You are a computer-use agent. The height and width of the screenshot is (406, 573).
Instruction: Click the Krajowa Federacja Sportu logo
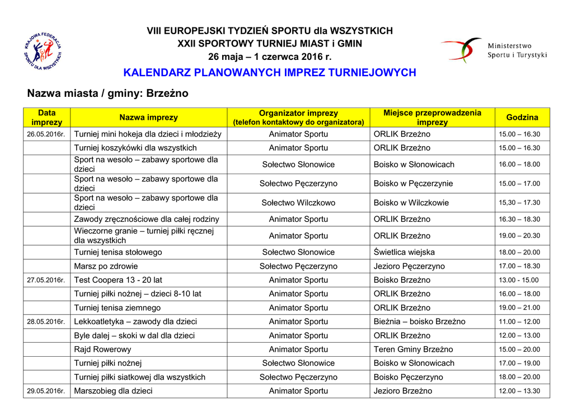click(x=43, y=52)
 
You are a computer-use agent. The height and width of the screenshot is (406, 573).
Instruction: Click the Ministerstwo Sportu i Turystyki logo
click(x=493, y=50)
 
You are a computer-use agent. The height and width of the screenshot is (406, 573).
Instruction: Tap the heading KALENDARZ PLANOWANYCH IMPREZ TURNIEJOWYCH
click(x=269, y=73)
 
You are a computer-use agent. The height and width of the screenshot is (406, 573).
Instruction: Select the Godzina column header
click(x=522, y=118)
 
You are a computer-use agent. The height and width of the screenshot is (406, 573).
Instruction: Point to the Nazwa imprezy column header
click(x=148, y=118)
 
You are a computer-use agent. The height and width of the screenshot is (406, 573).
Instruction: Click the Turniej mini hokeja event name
click(x=148, y=134)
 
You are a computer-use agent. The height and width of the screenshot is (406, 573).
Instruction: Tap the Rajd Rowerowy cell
click(x=102, y=349)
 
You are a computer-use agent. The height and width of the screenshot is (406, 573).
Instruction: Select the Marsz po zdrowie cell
click(x=106, y=267)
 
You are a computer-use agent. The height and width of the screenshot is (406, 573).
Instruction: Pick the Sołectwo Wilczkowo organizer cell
click(x=298, y=203)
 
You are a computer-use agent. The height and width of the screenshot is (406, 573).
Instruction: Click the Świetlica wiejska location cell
click(x=404, y=253)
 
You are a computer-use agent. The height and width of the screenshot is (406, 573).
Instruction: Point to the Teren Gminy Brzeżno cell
click(x=414, y=349)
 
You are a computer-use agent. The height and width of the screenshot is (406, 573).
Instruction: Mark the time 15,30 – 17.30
click(x=519, y=203)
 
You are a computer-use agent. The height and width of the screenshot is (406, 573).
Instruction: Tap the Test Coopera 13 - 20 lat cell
click(x=118, y=280)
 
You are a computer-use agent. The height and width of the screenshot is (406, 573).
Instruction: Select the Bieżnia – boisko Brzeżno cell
click(x=419, y=322)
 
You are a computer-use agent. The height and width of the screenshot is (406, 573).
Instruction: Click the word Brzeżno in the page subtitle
click(x=167, y=94)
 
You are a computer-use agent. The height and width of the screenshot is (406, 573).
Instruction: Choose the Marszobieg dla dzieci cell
click(x=113, y=391)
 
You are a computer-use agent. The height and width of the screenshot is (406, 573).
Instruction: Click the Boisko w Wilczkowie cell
click(x=411, y=203)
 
